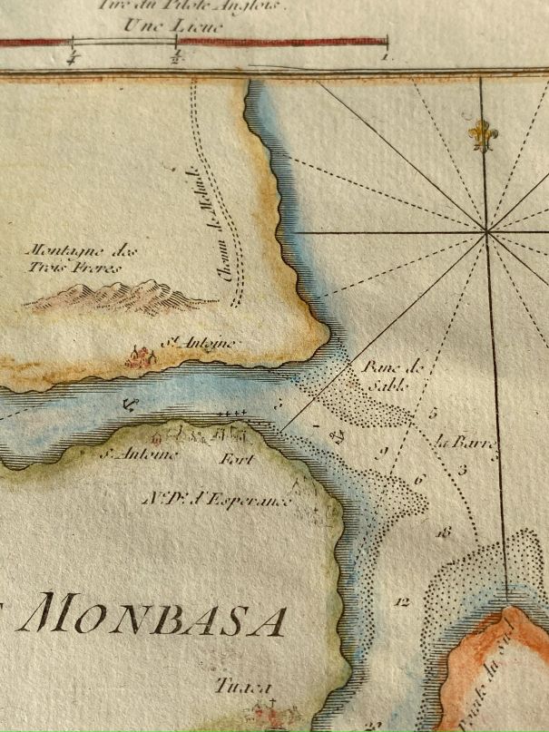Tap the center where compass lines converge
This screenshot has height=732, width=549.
pos(488,233)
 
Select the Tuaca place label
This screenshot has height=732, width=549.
pos(234,688)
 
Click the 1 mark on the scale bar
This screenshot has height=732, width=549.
pos(386,56)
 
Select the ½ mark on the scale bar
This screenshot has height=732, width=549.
pos(175,56)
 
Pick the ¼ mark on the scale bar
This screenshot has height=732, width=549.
pos(71,59)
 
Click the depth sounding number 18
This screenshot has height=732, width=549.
pos(443,533)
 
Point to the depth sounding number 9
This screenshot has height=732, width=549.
pos(383,452)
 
